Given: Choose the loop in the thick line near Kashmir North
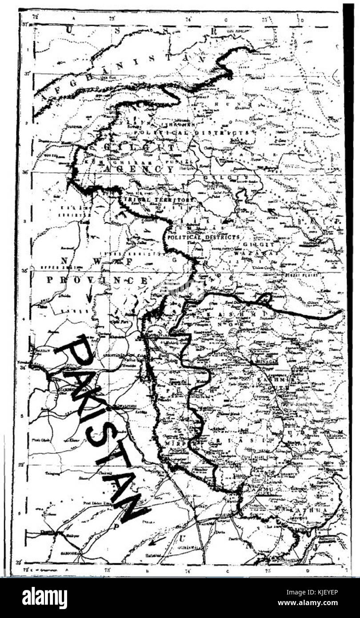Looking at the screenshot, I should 265,298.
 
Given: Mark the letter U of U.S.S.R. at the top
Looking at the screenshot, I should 69,30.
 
